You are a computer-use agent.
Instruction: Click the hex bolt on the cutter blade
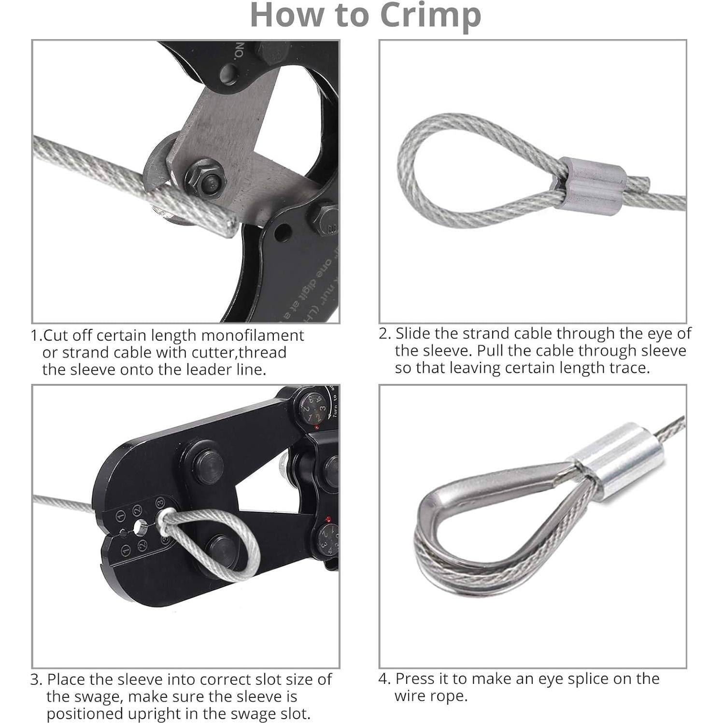[x=206, y=182]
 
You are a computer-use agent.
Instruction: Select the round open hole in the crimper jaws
[x=141, y=526]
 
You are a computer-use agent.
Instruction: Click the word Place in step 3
[x=66, y=679]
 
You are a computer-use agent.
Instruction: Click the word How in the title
[x=284, y=15]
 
